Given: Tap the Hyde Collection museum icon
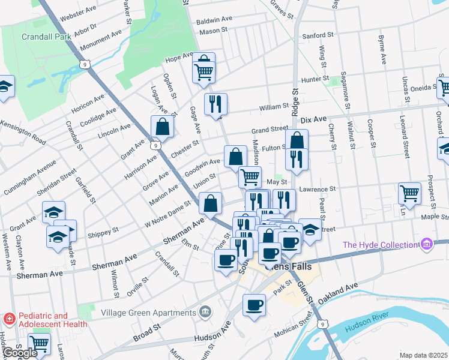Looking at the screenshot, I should coord(427,244).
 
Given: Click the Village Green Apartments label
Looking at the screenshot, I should coord(148,313).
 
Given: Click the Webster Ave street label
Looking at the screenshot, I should coord(77,11).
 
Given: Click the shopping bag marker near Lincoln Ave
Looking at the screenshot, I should coord(163,127).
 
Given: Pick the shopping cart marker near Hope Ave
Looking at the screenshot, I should coord(204,71).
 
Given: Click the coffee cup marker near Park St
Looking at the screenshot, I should coord(254,305).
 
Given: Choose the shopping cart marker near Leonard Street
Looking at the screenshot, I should coord(409,193).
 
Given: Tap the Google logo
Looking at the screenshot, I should coord(19,353).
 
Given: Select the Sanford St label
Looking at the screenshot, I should coord(318,35).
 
